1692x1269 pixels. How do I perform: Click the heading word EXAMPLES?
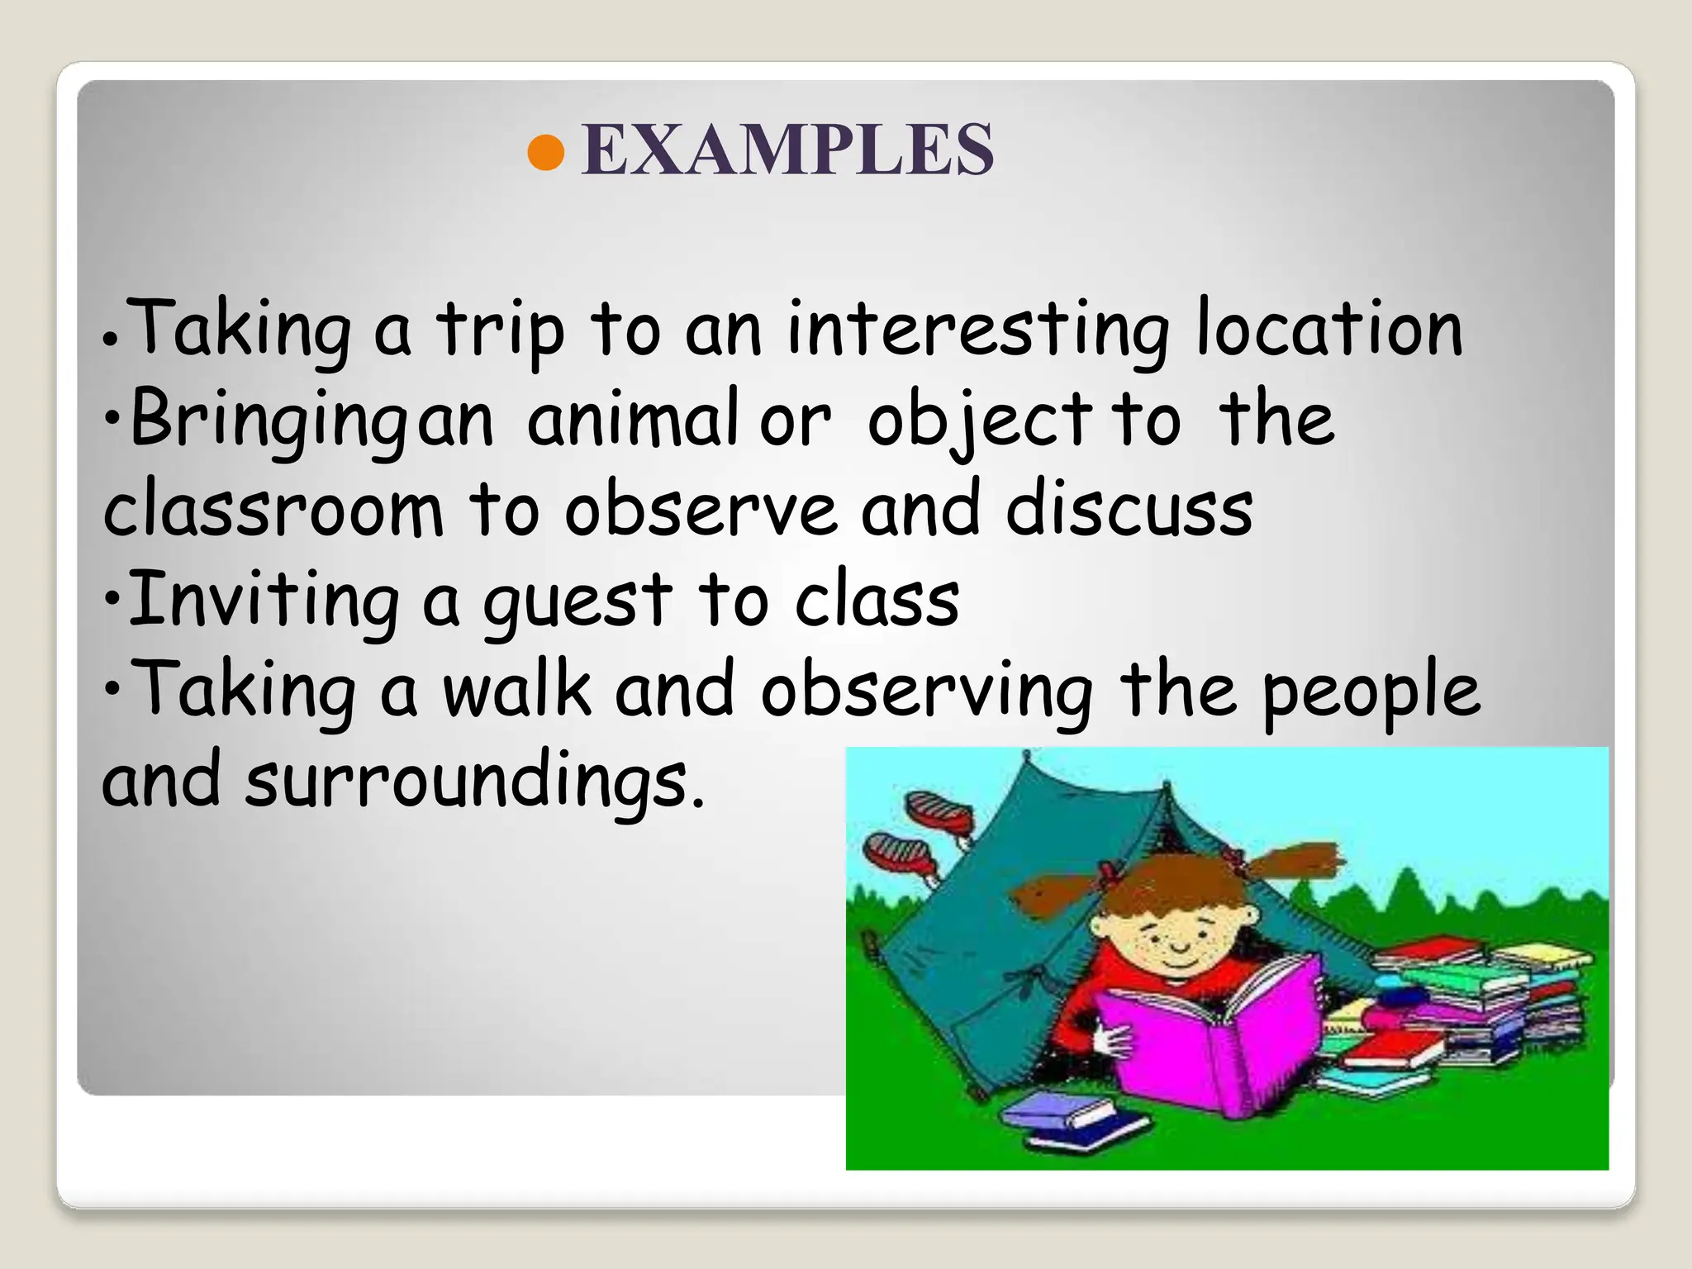pos(787,150)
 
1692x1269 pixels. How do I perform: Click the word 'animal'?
pos(633,420)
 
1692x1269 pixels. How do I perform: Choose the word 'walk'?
pos(517,690)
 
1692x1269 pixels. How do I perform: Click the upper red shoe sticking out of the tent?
pos(939,810)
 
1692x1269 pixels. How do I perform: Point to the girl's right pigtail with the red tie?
pos(1289,863)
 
